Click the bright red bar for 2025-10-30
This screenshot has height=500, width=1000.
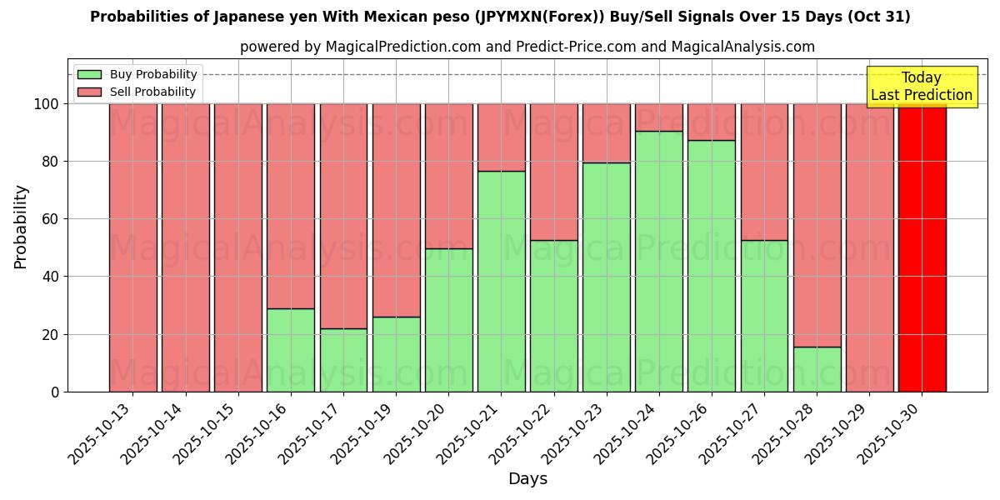coord(922,247)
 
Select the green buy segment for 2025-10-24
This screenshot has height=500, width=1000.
coord(658,261)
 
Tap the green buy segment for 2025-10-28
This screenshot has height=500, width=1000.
coord(817,369)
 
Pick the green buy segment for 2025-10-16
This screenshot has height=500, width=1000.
coord(290,350)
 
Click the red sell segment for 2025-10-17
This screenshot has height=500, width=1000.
coord(343,216)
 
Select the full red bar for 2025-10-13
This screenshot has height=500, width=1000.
coord(132,247)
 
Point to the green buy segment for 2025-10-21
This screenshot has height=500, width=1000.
coord(501,281)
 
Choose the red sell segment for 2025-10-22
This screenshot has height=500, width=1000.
coord(553,172)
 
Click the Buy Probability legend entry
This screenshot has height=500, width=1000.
coord(137,75)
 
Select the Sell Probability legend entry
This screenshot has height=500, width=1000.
coord(137,92)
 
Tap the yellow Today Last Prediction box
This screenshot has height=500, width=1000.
coord(921,87)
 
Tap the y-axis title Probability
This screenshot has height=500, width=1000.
coord(21,227)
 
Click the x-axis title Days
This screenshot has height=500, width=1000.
coord(527,479)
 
